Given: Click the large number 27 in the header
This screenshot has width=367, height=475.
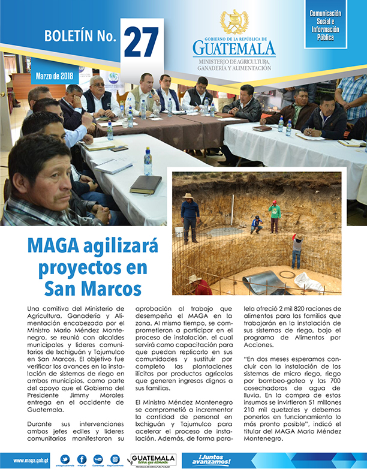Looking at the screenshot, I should pos(143,42).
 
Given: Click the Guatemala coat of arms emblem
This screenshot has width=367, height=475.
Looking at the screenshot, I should pos(234,22).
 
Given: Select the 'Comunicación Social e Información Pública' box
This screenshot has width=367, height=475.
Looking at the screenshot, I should pos(326,25).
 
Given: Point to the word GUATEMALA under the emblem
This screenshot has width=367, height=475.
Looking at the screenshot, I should pos(234,49).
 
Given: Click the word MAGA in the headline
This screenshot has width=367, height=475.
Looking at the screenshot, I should pos(59,246).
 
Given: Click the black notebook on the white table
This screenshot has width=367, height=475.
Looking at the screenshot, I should pos(146,184).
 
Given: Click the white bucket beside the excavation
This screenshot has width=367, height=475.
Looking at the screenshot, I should pos(179,232).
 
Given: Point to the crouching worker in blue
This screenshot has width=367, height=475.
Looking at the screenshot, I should pos(257,224).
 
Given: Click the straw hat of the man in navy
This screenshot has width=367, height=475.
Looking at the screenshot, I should pos(189,196).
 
